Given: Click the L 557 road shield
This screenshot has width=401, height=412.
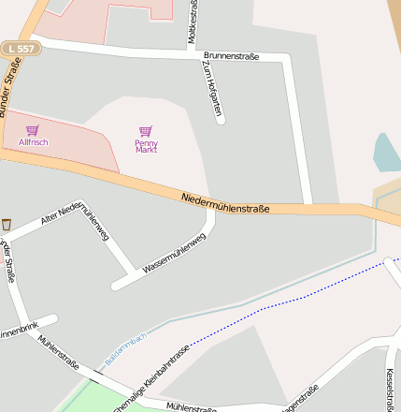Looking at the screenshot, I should [x=20, y=47].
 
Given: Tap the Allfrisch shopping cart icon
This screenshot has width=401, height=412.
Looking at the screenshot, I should [x=33, y=130].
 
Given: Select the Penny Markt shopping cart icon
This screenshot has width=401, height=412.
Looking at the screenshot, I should [x=145, y=132].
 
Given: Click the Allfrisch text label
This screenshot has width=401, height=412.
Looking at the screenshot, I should [x=33, y=142].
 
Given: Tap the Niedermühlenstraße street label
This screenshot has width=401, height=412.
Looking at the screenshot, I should [x=225, y=201].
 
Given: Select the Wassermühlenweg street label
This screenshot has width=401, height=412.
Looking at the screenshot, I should [x=173, y=253].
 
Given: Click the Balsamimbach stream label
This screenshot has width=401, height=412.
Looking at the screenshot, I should [x=125, y=348].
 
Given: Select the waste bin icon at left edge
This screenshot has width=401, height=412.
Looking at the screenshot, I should [x=7, y=224].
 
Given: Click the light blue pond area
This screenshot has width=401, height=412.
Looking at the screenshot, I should [x=386, y=153].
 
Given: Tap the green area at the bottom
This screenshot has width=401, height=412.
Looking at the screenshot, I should [x=79, y=398].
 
